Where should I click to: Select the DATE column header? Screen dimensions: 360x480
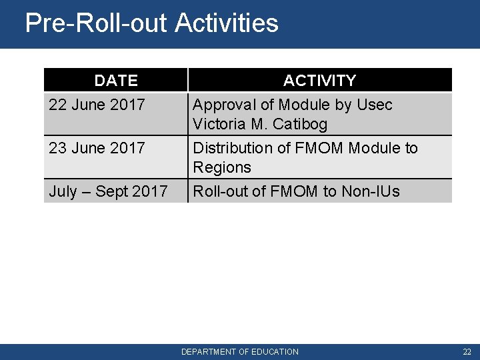click(x=116, y=81)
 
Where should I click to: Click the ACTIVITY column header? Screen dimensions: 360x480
click(x=319, y=81)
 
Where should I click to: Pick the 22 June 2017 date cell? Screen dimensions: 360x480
click(x=97, y=105)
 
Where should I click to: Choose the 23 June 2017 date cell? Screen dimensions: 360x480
click(x=97, y=147)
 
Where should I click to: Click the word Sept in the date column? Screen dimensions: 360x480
click(x=112, y=192)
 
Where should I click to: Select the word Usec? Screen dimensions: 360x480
click(x=375, y=105)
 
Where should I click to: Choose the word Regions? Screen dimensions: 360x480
click(x=222, y=167)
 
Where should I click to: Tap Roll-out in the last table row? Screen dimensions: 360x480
click(x=219, y=192)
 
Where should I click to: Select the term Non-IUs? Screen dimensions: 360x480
click(x=371, y=192)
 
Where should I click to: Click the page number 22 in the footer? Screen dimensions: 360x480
click(x=466, y=351)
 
